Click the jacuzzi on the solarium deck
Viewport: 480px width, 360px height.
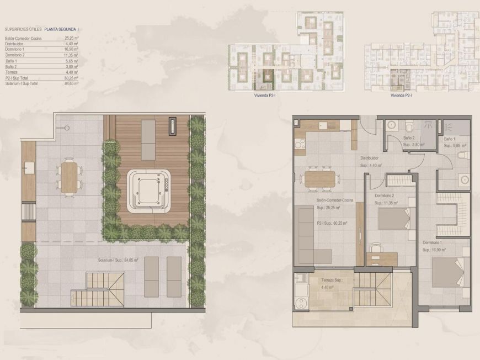point(148,191)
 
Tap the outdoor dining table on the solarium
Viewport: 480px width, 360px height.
point(69,176)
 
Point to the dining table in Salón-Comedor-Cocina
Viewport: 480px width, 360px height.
point(319,178)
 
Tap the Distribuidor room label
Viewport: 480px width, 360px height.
point(372,157)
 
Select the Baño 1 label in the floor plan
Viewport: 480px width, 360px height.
point(449,139)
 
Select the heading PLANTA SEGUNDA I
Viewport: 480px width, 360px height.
point(61,29)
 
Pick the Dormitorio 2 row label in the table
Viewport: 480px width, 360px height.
point(16,55)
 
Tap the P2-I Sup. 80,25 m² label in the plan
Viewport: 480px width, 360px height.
point(328,223)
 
